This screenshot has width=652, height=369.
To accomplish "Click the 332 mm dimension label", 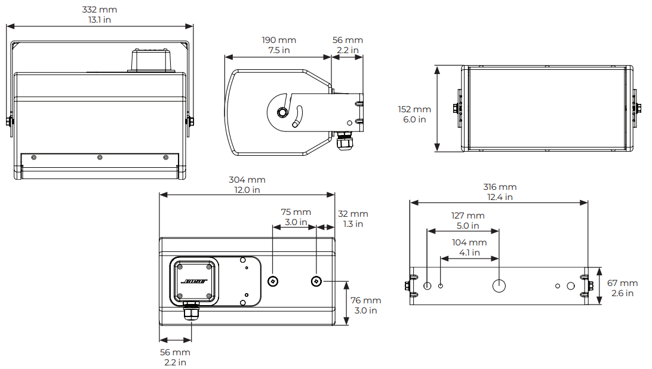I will (x=99, y=10).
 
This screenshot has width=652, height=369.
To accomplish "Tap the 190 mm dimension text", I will (x=279, y=40).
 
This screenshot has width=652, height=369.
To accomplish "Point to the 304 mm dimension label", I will (x=247, y=180).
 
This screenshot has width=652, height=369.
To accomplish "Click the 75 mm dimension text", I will (x=296, y=212).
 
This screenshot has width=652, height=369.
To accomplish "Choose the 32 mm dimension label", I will (x=353, y=214).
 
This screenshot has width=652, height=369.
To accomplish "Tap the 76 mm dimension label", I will (x=365, y=300).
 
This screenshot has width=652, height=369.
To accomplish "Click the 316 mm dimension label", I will (x=500, y=187).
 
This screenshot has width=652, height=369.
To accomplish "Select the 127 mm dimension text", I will (x=468, y=216).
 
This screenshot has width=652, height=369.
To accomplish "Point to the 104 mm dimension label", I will (x=469, y=242).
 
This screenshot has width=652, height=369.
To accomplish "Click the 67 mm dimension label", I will (x=622, y=283).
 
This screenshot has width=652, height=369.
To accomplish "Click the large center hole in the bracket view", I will (x=499, y=286).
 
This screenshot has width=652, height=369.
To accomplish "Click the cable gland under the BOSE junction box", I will (x=191, y=312).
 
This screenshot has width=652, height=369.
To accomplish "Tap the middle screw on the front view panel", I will (x=100, y=158).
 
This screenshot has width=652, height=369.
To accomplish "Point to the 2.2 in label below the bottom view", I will (x=175, y=362).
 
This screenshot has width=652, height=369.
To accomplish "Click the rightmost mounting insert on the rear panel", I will (x=316, y=281).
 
